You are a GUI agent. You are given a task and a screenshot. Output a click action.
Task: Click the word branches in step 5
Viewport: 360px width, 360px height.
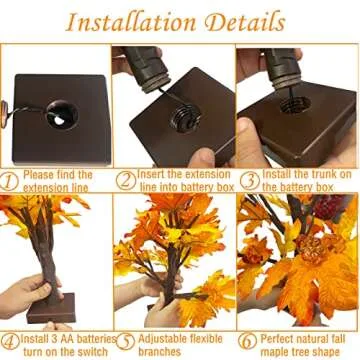(x=159, y=345)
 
